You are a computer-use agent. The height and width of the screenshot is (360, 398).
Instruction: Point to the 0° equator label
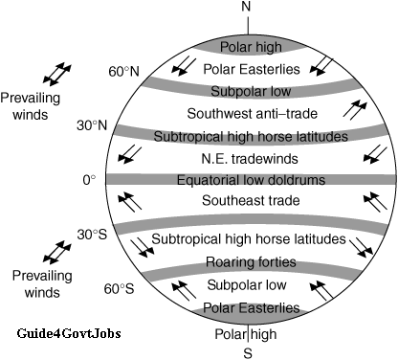click(89, 179)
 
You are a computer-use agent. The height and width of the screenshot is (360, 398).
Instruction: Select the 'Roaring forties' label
click(248, 262)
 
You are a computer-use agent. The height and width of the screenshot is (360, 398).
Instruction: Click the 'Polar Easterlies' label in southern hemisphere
click(248, 308)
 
